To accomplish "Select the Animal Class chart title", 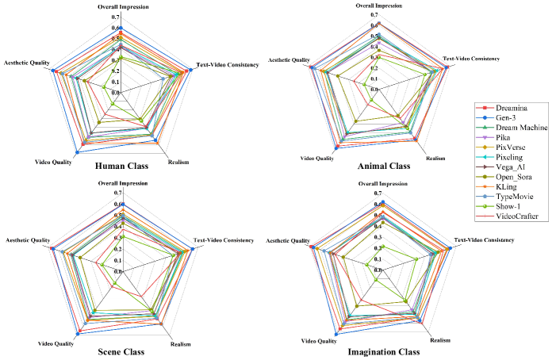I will point(383,167).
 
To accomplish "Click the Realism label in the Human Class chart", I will point(178,162).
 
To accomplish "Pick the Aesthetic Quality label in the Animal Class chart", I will point(289,59).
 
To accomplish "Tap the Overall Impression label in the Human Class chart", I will point(120,7).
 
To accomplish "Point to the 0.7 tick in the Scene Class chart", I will point(118,193).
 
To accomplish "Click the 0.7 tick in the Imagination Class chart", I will point(378,193).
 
